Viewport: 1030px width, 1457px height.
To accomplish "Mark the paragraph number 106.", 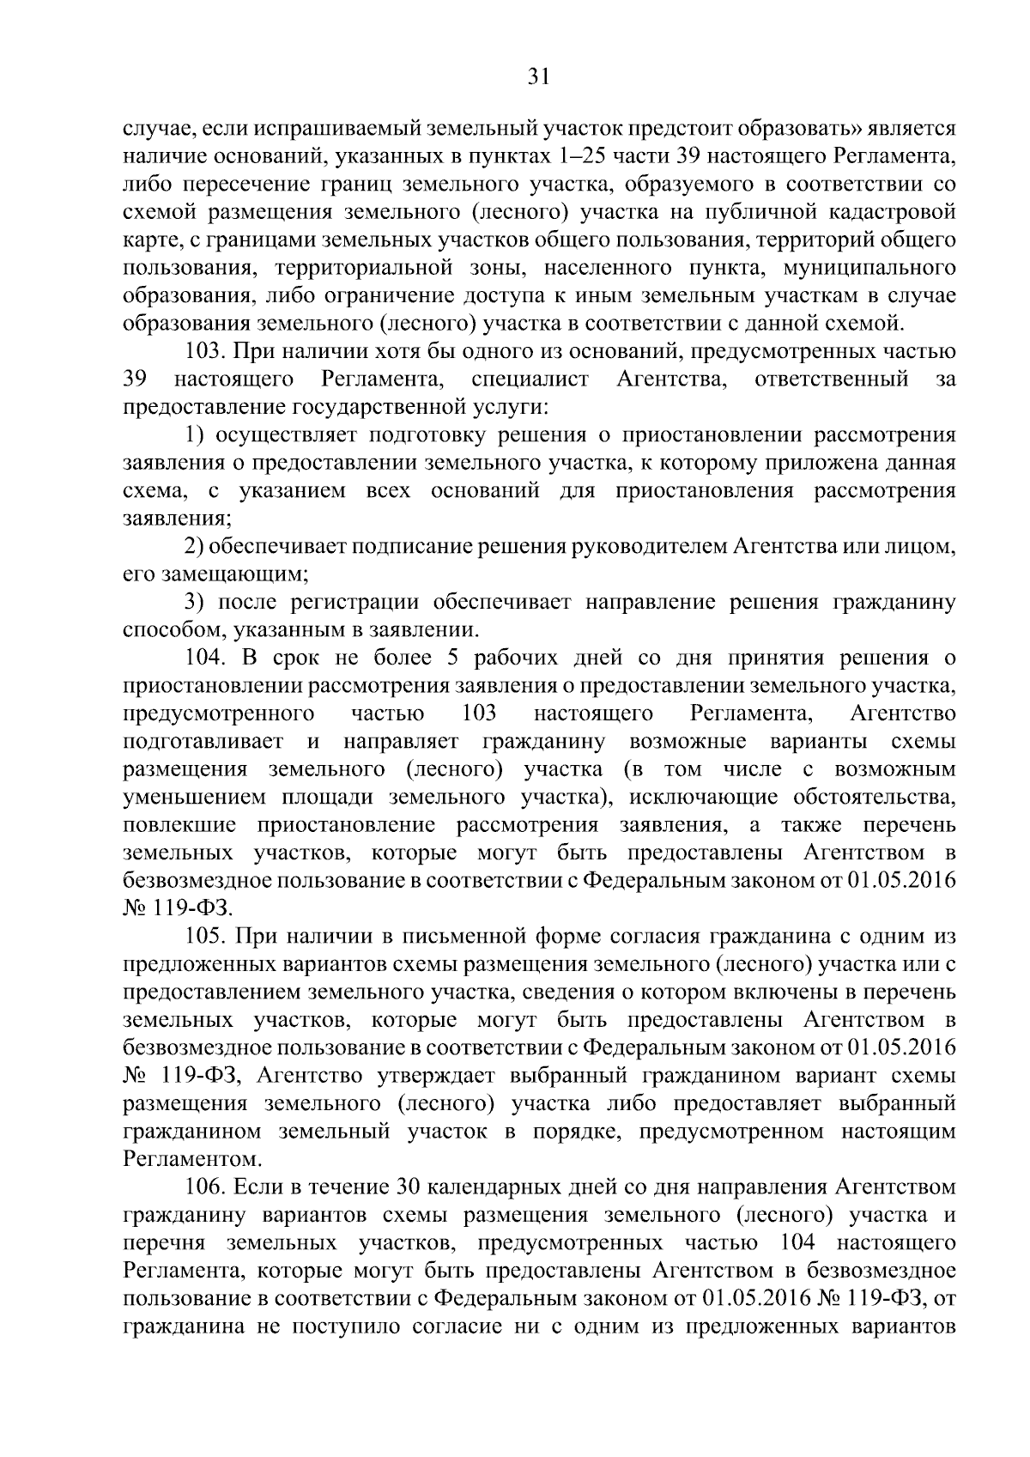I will pyautogui.click(x=206, y=1187).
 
